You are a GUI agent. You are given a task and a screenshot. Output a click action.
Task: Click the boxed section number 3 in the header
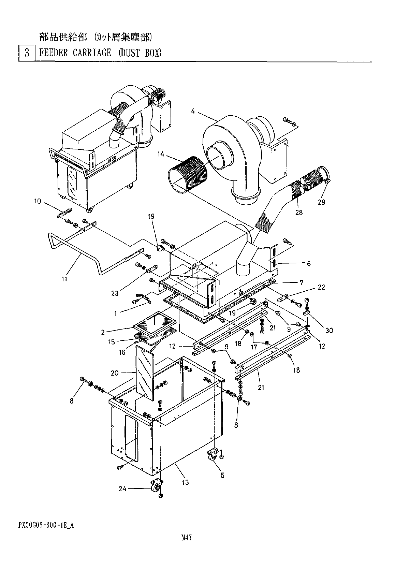point(27,54)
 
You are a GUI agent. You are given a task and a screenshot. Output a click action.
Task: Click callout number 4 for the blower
point(193,111)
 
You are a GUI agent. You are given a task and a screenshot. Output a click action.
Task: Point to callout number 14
point(161,154)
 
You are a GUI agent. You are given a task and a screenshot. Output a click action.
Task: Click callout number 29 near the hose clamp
point(321,202)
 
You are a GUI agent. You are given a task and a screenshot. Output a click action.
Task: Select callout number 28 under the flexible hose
point(299,213)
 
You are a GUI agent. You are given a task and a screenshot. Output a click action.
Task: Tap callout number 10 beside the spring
point(37,201)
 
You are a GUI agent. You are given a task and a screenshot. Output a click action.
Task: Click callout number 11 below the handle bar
point(64,279)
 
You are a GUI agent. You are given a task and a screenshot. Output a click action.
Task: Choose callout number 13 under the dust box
point(185,482)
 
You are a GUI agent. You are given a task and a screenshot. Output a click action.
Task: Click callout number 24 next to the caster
point(122,488)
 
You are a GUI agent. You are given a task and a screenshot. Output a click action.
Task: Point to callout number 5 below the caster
point(222,475)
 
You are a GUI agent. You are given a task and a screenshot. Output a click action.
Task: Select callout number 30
point(329,330)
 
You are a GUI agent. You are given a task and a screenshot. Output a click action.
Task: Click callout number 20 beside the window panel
point(115,373)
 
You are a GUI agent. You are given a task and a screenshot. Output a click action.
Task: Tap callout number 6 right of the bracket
point(309,263)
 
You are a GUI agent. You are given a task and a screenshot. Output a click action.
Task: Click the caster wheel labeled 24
point(156,487)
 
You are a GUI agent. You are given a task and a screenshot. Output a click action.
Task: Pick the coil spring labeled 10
point(64,215)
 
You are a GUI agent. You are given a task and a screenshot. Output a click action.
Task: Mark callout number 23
point(114,292)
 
